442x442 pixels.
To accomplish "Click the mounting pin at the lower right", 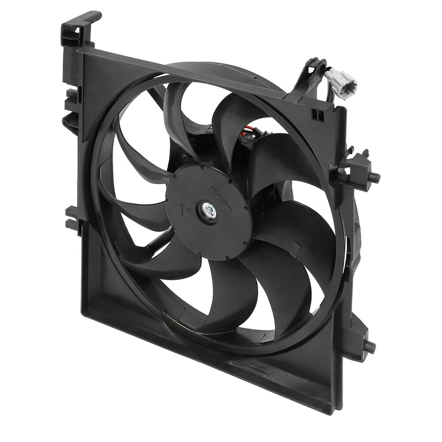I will [x=369, y=346].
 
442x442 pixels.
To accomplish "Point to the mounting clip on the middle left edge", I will [x=74, y=217].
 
